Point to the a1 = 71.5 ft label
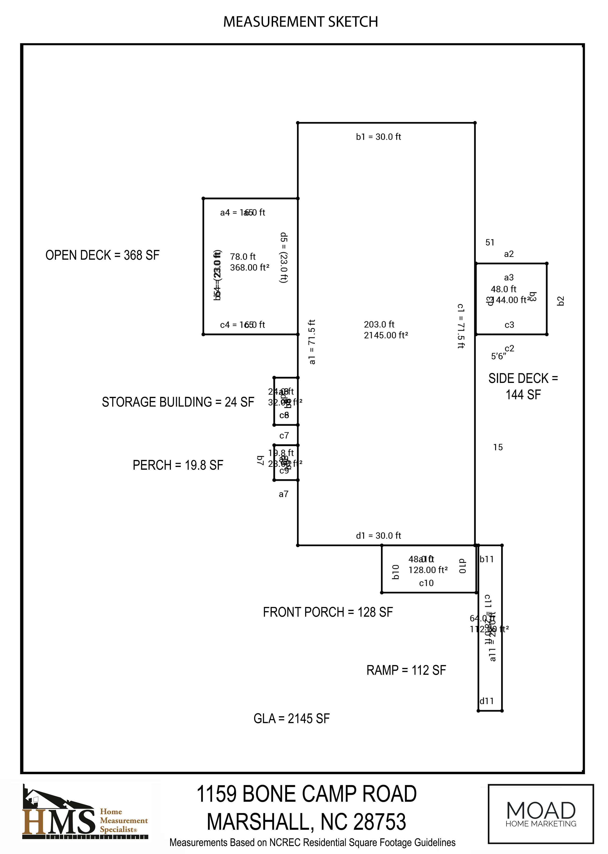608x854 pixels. pos(312,342)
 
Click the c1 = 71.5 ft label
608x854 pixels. pos(461,326)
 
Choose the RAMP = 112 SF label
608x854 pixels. pos(406,670)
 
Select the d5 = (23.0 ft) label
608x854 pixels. pos(284,258)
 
